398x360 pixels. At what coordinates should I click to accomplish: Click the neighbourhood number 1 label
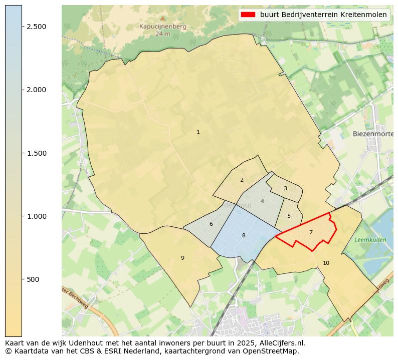point(198,132)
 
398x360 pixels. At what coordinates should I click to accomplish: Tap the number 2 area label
point(242,180)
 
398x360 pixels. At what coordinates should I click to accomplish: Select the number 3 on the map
point(285,189)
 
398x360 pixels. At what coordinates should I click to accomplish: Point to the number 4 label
point(262,202)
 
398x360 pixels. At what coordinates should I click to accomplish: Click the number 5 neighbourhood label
point(289,216)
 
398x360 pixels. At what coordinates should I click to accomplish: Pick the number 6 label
point(211,224)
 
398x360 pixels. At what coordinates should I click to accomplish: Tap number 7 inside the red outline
point(311,232)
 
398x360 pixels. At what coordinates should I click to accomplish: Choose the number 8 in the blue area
point(244,235)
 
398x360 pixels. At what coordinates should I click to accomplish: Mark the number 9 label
point(182,258)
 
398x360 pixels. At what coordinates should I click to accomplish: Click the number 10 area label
point(326,263)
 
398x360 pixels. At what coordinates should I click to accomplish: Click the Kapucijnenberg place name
point(163,27)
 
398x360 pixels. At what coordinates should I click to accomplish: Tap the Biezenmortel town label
point(372,134)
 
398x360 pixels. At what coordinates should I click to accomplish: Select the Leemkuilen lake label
point(370,240)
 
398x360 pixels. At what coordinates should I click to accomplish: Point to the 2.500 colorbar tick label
point(36,27)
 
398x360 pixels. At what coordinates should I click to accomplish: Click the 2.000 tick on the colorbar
point(36,90)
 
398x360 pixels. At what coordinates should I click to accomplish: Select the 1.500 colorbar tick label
point(36,153)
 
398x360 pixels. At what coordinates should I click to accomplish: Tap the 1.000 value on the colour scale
point(36,216)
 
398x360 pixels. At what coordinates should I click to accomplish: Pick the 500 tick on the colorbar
point(34,279)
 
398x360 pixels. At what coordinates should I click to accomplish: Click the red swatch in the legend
point(248,15)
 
